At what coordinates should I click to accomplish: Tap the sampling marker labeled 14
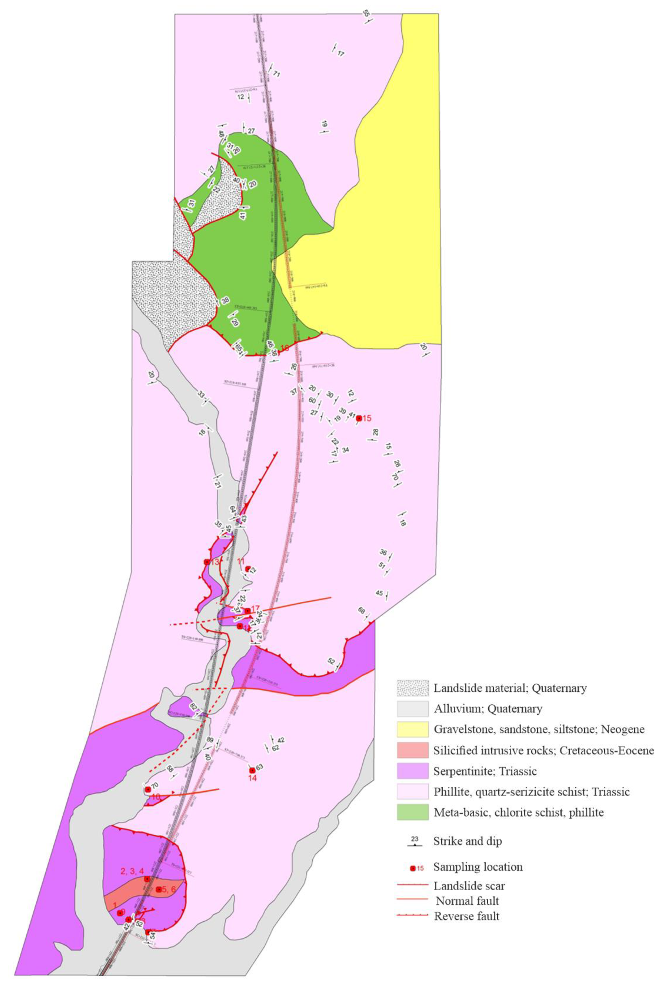point(252,770)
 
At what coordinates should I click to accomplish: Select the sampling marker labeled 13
point(207,562)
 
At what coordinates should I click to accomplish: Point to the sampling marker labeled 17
point(247,611)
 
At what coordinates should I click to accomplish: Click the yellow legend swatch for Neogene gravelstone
point(412,729)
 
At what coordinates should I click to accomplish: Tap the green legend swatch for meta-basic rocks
point(412,812)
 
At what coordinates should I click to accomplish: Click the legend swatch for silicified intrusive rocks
point(412,750)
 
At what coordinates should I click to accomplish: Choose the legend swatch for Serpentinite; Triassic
point(412,771)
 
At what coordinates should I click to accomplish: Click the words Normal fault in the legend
point(467,901)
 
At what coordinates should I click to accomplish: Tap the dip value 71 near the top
point(277,74)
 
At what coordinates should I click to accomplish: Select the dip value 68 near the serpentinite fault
point(361,611)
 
